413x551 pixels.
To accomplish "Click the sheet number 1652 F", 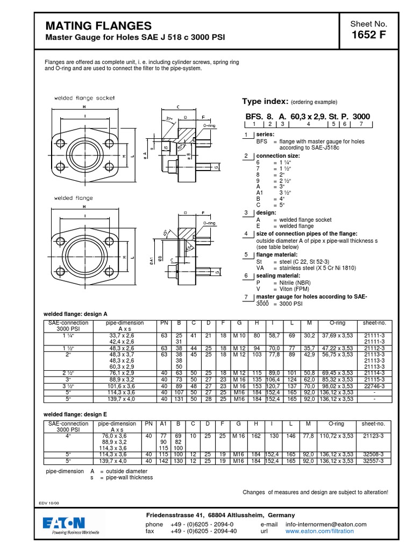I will tap(368, 36).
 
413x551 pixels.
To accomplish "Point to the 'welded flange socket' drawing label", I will tap(84, 98).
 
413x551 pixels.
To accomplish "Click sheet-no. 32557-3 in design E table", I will tap(375, 461).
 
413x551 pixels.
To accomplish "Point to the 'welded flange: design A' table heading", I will tap(75, 313).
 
